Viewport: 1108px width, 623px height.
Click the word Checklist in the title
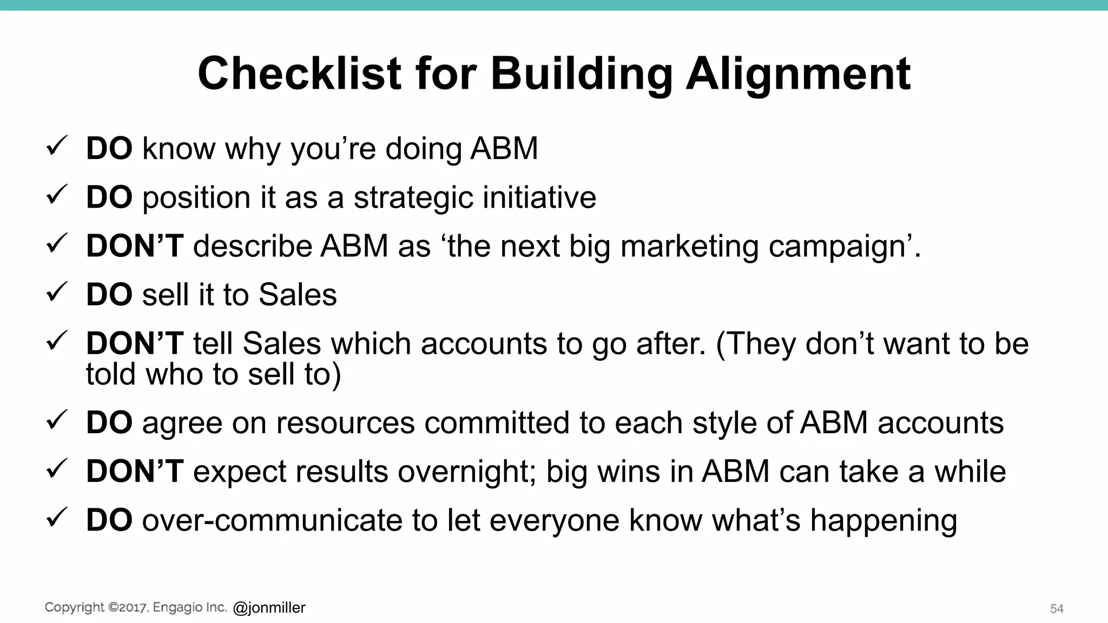pos(299,74)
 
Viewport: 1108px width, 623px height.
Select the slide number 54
pos(1057,608)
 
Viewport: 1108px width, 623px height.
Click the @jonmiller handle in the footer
pos(269,608)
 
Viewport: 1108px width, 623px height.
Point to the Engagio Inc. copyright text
pos(135,607)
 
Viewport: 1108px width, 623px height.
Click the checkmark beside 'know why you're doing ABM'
pos(56,146)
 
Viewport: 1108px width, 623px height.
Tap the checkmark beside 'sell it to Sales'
pos(56,292)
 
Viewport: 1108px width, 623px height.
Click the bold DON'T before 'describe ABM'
pos(135,246)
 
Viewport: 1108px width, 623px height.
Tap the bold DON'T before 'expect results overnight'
pos(135,471)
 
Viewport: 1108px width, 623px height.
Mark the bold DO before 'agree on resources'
pos(109,422)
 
